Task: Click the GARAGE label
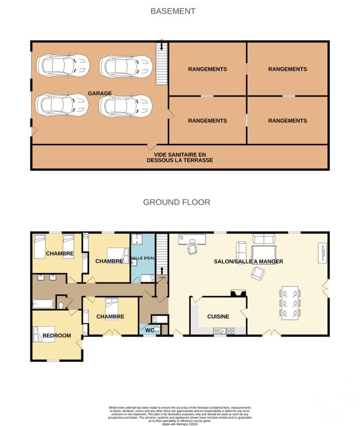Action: [100, 93]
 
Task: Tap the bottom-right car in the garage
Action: [126, 105]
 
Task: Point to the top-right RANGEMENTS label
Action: [287, 69]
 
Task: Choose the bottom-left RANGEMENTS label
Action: [207, 120]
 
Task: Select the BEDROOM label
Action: [57, 336]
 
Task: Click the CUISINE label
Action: [218, 316]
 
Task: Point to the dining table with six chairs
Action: [290, 303]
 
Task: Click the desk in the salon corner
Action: [192, 240]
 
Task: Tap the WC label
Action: [148, 330]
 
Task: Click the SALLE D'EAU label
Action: [143, 257]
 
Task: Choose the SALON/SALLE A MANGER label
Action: [248, 262]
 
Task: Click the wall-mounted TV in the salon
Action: [323, 252]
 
